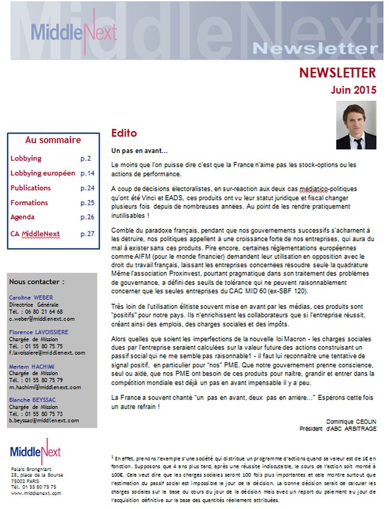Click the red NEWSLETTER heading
(x=337, y=72)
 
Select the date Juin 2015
(x=354, y=89)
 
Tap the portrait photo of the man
(x=356, y=125)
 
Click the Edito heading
(x=124, y=133)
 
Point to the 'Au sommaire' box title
(x=53, y=140)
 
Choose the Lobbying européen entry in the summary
(x=43, y=173)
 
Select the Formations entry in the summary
(x=29, y=202)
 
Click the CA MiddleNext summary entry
(x=35, y=233)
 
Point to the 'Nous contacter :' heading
(x=37, y=282)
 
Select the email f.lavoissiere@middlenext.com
(x=47, y=353)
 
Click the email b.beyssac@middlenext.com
(x=44, y=421)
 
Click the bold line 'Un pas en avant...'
(x=140, y=150)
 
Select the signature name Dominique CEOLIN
(x=351, y=421)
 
